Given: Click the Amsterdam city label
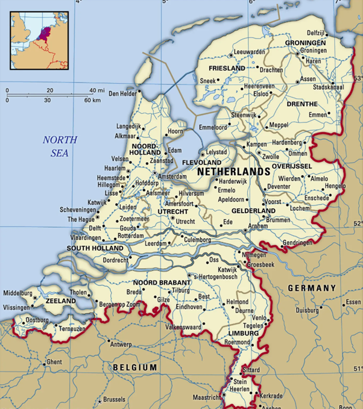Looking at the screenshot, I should pyautogui.click(x=172, y=177).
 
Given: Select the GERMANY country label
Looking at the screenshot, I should pyautogui.click(x=311, y=289).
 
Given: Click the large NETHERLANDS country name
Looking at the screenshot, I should pyautogui.click(x=233, y=172).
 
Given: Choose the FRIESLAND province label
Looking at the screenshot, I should pyautogui.click(x=226, y=69).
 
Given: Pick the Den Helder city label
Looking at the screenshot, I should pyautogui.click(x=121, y=93).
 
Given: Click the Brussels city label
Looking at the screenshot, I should pyautogui.click(x=114, y=399).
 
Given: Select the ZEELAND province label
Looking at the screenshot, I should pyautogui.click(x=60, y=300).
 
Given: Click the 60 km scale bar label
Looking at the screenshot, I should pyautogui.click(x=92, y=99).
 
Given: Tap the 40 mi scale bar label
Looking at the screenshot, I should pyautogui.click(x=96, y=90).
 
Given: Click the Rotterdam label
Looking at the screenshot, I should pyautogui.click(x=131, y=236).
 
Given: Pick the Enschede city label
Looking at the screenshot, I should pyautogui.click(x=317, y=198).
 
